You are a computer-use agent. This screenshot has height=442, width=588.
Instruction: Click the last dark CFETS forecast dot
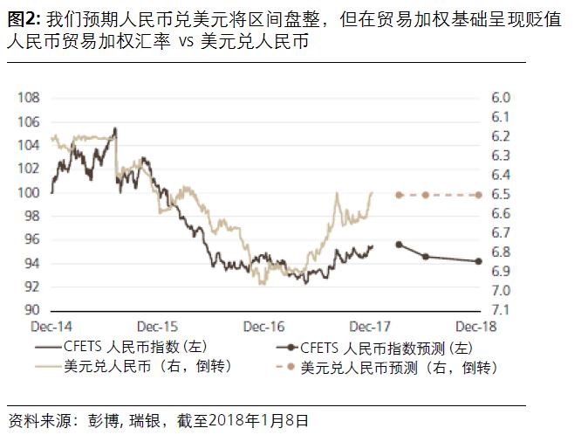click(479, 261)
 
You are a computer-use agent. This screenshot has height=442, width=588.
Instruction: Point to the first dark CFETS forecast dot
click(399, 245)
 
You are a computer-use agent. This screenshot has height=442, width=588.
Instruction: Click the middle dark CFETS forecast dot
click(425, 256)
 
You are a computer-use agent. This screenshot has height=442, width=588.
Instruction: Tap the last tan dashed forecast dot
click(479, 195)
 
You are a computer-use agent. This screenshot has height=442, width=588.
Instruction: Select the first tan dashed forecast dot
click(399, 195)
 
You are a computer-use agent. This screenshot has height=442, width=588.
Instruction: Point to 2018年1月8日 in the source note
click(262, 420)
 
